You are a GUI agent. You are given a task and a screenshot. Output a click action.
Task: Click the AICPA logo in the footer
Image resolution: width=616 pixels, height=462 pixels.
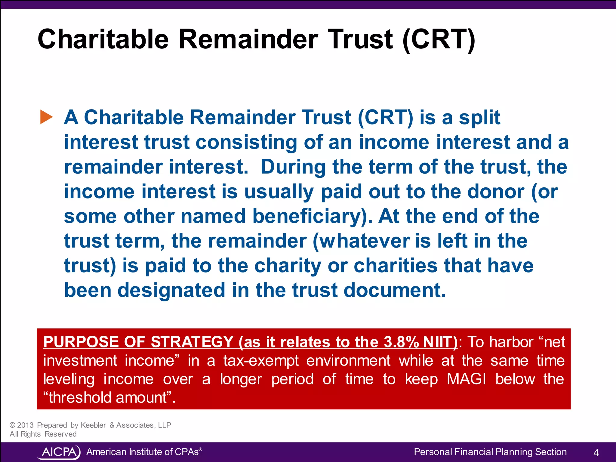click(x=59, y=452)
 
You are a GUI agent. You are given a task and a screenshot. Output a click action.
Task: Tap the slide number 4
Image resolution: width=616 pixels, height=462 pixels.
click(x=596, y=452)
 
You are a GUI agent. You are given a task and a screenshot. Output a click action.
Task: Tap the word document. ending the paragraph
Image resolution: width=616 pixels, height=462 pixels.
click(x=394, y=290)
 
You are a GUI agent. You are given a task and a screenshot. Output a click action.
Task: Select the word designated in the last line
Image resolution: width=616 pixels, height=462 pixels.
click(x=171, y=290)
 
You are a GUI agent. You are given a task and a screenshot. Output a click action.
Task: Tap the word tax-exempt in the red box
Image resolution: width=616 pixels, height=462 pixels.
click(x=261, y=361)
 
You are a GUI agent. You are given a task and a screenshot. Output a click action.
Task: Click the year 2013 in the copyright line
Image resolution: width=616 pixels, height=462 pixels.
click(x=25, y=425)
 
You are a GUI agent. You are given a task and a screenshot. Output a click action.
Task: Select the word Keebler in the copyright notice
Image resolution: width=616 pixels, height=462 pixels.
click(x=93, y=425)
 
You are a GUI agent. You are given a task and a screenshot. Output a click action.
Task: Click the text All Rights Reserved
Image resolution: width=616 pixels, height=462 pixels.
click(x=43, y=434)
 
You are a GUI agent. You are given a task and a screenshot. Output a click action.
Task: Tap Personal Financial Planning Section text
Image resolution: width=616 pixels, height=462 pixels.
click(x=490, y=452)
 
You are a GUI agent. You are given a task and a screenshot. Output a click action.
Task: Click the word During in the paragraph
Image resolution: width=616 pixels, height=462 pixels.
click(x=293, y=167)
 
